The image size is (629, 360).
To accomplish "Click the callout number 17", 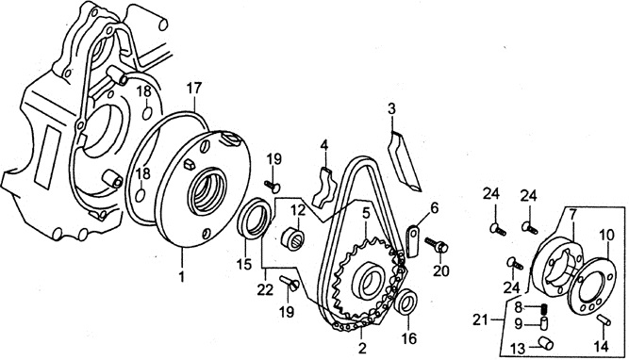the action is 193,89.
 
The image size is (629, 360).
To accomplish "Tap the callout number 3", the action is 391,107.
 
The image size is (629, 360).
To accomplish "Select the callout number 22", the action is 266,289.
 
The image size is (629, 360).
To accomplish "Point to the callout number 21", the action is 481,319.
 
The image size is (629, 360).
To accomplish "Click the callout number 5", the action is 366,213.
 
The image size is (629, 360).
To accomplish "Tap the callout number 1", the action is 182,276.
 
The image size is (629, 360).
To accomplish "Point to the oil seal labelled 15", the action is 255,219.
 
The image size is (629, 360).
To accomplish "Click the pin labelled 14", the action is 604,319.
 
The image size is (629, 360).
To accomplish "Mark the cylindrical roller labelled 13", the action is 546,344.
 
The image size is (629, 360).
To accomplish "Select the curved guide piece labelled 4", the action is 323,188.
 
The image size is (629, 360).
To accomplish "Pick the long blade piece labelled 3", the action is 405,160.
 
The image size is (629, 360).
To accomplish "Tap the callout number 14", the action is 602,346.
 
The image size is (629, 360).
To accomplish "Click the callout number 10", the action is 607,236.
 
